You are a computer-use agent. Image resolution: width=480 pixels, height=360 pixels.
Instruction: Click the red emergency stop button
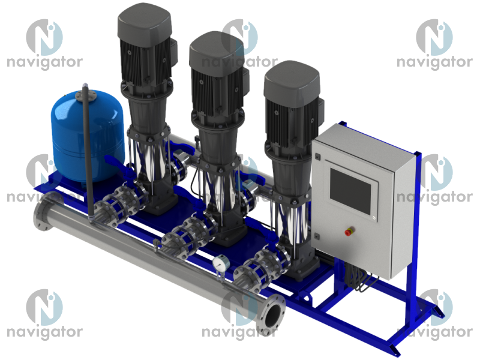point(349,231)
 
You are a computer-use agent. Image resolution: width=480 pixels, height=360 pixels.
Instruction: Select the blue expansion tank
point(87,136)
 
